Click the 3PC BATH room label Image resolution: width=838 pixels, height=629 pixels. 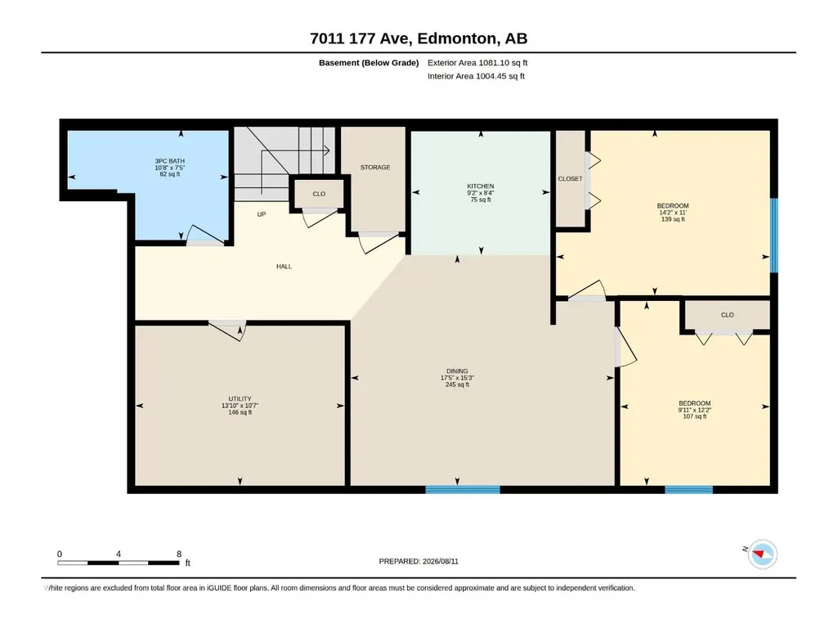[170, 168]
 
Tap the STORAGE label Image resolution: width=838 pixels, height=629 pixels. [375, 168]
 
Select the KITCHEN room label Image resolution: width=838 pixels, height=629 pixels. [481, 192]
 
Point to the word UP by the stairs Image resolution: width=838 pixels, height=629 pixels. [262, 214]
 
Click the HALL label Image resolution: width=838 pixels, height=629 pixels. [284, 267]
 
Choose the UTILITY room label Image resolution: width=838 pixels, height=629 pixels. [240, 406]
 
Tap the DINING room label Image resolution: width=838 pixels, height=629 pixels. [458, 378]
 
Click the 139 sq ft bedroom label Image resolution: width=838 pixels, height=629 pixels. [673, 213]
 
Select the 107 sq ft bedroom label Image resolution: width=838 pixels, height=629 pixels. [695, 410]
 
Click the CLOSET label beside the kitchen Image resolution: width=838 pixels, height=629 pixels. [570, 178]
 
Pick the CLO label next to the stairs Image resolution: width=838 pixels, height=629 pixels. [319, 194]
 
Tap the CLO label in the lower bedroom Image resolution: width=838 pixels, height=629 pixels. [728, 315]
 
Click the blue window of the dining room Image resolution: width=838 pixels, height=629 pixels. [463, 489]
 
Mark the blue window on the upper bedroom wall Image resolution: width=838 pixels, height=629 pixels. [774, 236]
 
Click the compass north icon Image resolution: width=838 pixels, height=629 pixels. [762, 554]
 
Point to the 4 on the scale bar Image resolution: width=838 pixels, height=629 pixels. [119, 554]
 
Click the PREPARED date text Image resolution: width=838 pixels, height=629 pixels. [419, 561]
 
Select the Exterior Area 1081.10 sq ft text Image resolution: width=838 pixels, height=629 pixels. [477, 63]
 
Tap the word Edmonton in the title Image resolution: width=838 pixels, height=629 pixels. [457, 38]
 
